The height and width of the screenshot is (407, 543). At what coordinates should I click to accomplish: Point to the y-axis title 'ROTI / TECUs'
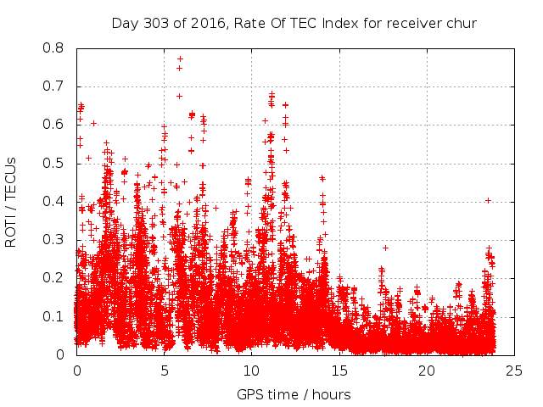pos(11,202)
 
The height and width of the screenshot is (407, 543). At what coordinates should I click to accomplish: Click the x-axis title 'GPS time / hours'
pos(294,394)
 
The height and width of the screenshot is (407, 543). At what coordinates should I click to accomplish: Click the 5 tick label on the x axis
pos(164,371)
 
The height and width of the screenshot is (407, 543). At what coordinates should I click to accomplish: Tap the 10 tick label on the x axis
pos(251,371)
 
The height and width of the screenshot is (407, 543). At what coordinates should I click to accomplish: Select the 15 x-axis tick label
pos(339,371)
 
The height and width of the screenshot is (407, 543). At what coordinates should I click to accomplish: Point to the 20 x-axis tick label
pos(427,371)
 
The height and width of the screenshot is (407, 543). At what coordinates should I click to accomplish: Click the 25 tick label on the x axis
pos(514,371)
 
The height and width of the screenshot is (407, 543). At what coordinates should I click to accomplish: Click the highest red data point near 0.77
pos(180,59)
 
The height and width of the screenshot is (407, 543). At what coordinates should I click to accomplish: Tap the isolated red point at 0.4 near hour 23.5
pos(488,200)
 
